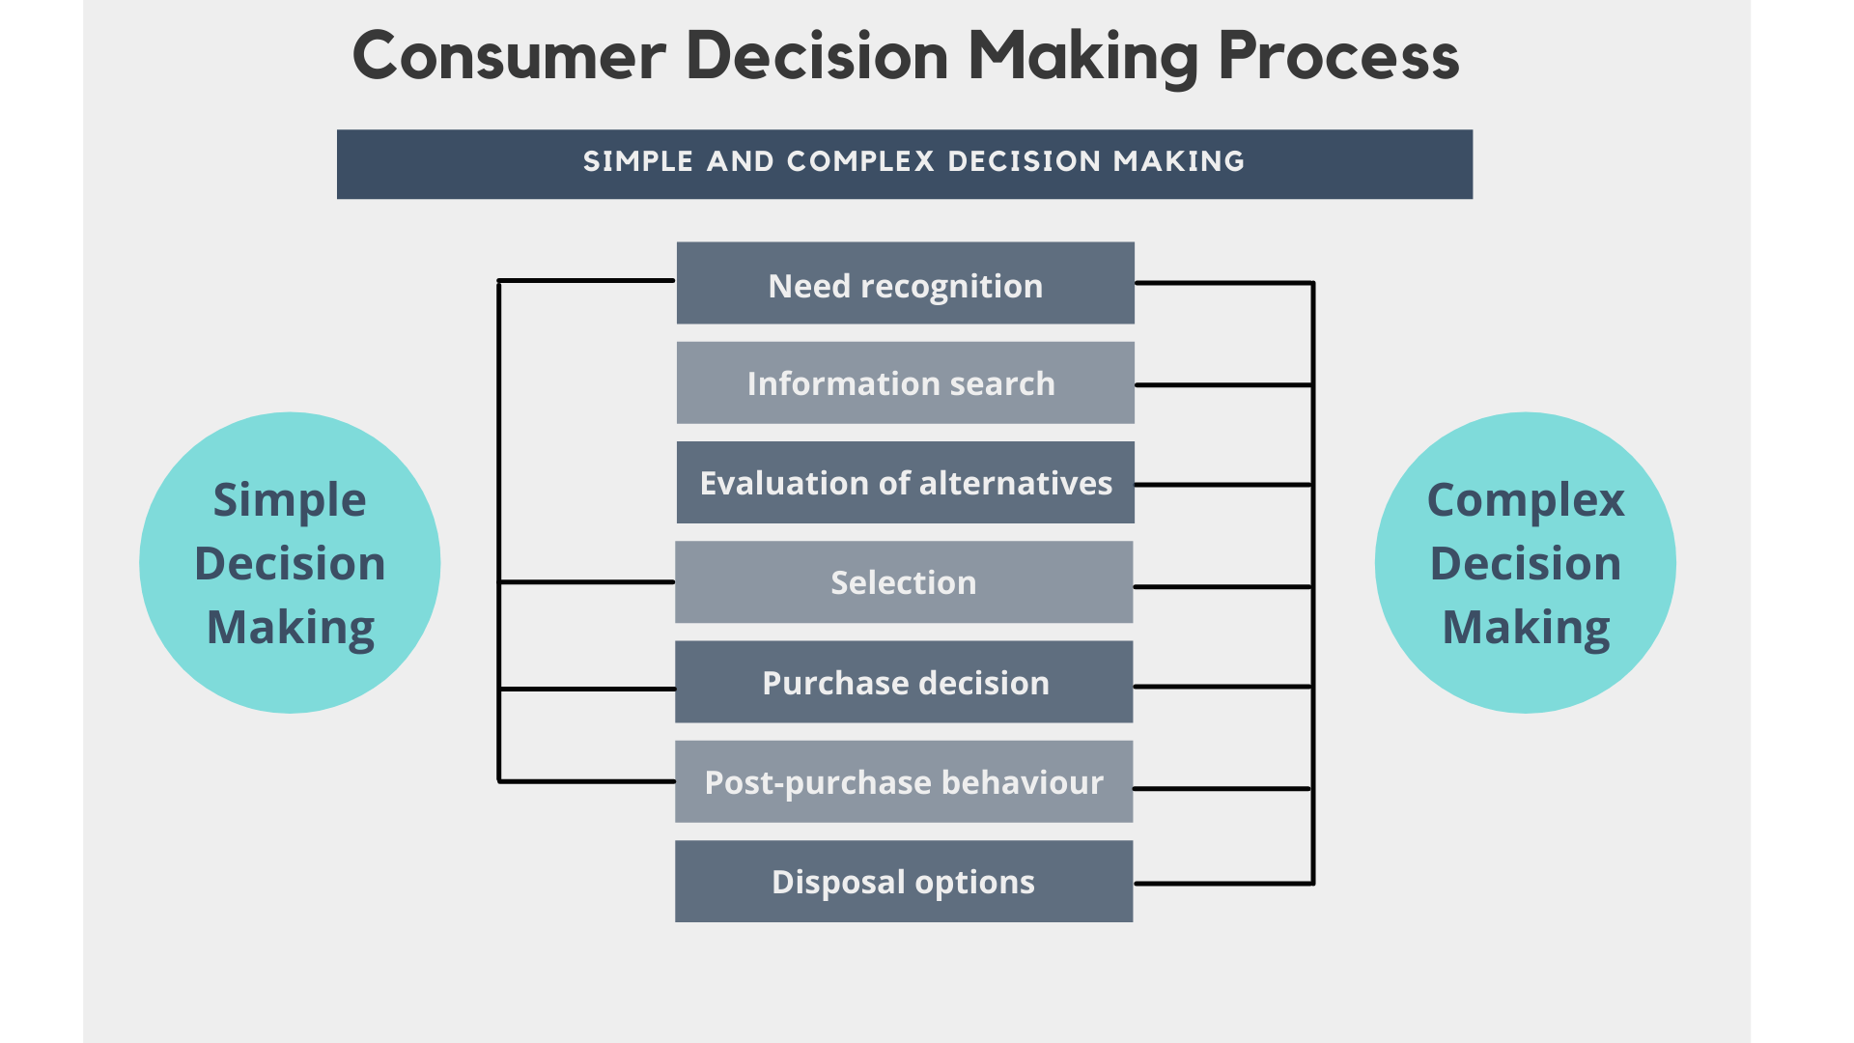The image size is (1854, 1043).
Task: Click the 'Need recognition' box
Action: pos(905,283)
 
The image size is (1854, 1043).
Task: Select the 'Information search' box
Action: pos(905,382)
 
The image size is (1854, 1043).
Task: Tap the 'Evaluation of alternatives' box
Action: pos(905,482)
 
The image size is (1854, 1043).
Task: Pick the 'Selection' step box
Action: pos(903,581)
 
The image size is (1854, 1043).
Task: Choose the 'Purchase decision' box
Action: pos(903,682)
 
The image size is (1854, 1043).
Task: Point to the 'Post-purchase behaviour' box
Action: pos(903,781)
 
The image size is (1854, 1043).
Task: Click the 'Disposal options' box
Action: pos(903,881)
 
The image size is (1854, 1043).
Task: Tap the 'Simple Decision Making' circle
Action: pos(290,563)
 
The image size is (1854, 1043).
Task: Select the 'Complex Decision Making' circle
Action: pos(1525,563)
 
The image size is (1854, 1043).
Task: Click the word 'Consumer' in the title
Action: pos(509,56)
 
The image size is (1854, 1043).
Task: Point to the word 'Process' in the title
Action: pos(1338,56)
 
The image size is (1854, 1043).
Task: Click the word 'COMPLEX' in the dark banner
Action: pos(860,161)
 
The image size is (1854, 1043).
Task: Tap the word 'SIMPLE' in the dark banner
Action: pos(638,161)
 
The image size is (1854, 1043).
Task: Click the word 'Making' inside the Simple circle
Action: pos(290,628)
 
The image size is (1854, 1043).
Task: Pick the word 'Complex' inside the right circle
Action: pos(1526,500)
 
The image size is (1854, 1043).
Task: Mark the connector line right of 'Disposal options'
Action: pos(1223,883)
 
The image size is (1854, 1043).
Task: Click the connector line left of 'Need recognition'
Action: pos(586,281)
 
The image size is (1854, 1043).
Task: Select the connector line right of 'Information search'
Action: pos(1223,385)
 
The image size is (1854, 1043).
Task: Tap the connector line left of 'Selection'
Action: pos(586,582)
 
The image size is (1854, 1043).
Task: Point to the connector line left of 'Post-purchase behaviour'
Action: pos(586,781)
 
